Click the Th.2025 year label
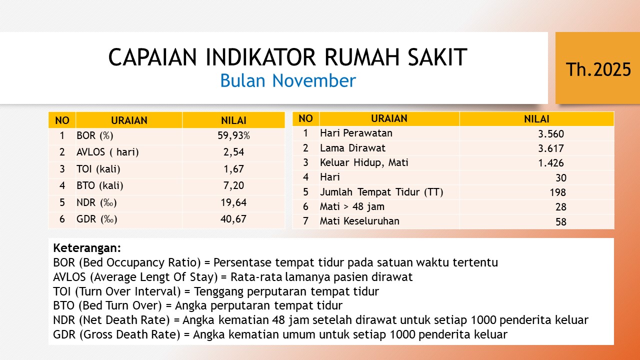(598, 69)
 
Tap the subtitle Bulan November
(288, 80)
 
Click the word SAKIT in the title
(437, 57)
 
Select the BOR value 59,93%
(233, 135)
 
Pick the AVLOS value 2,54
(233, 152)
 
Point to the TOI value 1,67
(233, 169)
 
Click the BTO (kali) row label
(99, 185)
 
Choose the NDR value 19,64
(233, 202)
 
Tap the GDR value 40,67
(233, 219)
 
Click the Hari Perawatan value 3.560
(551, 134)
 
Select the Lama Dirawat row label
(352, 148)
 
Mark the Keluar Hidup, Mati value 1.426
(551, 163)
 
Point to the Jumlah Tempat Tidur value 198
(557, 192)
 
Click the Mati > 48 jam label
(352, 206)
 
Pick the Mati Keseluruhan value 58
(561, 222)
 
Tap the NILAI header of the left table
(233, 120)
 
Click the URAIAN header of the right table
(389, 118)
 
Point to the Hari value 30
(561, 178)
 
